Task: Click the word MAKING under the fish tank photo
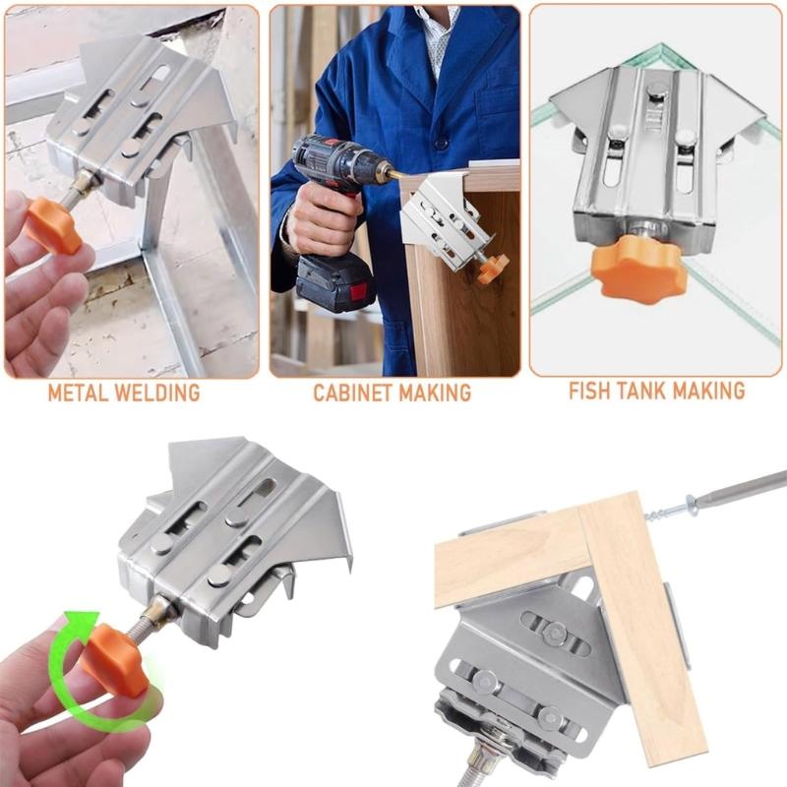tap(713, 391)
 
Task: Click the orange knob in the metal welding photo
tap(53, 223)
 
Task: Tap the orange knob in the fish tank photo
tap(638, 268)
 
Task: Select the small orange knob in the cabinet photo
tap(491, 268)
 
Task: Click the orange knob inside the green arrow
tap(114, 660)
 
